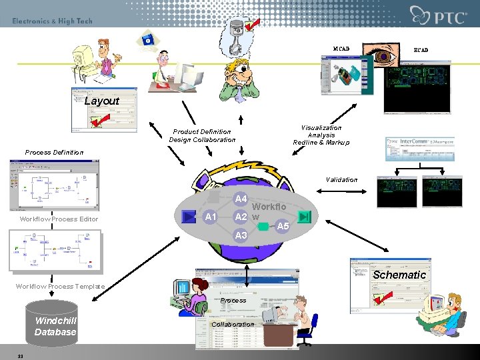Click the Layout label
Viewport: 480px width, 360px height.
coord(102,101)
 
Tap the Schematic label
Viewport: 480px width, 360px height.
coord(399,275)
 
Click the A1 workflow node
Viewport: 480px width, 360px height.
coord(211,217)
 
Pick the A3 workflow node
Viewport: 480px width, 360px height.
coord(241,235)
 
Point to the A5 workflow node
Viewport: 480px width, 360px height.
coord(283,226)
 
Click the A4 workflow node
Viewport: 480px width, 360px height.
coord(241,199)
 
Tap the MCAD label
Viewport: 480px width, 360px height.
coord(341,49)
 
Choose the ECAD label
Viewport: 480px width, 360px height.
coord(421,50)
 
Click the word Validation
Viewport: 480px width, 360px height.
coord(341,179)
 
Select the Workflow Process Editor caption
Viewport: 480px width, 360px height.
coord(59,219)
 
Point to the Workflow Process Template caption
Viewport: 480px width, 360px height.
coord(60,287)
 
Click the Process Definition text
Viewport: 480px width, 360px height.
coord(54,153)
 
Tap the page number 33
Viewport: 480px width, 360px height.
coord(21,355)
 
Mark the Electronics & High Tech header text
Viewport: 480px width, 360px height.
coord(52,21)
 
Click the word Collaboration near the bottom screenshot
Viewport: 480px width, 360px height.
coord(232,325)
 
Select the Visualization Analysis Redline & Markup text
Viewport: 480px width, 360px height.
coord(321,135)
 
